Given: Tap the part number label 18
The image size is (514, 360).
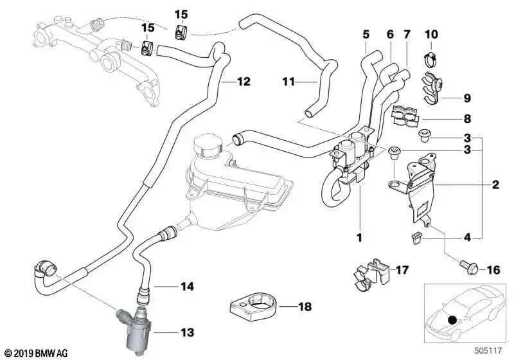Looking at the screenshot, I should (305, 307).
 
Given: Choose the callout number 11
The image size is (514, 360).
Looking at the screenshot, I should (288, 82).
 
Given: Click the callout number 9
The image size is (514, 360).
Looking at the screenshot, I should (467, 98).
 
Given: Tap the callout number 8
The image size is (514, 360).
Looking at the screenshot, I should (467, 119).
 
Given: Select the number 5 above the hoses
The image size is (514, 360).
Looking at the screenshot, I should (366, 33).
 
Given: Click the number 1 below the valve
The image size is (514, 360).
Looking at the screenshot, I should (360, 238).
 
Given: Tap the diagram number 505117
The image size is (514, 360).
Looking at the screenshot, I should (489, 352).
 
